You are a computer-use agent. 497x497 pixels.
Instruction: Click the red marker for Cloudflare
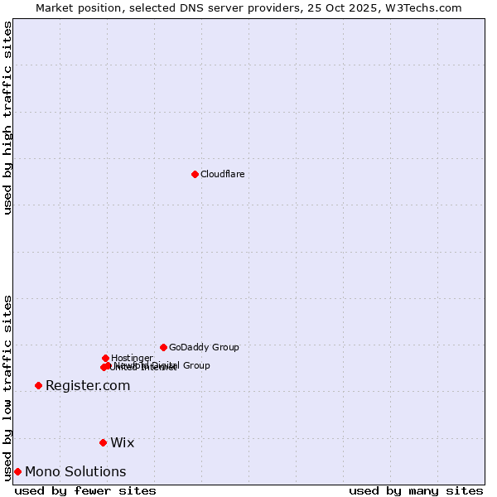point(195,174)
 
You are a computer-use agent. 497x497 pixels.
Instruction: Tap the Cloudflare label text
point(222,174)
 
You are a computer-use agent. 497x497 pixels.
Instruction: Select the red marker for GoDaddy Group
point(163,347)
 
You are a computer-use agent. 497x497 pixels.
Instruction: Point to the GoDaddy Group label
point(204,347)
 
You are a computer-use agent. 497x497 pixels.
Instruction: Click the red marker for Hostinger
point(105,358)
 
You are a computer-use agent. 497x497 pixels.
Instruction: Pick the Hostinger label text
point(132,358)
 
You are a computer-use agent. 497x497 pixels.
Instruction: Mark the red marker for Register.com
point(38,385)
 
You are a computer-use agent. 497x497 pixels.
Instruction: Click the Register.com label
point(88,385)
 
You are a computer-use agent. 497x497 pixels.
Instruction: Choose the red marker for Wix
point(103,442)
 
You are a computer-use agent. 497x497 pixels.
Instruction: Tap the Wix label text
point(122,442)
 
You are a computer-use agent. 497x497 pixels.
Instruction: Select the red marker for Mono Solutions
point(17,471)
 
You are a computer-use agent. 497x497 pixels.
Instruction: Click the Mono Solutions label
point(75,471)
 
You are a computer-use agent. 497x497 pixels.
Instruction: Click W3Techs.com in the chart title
point(427,7)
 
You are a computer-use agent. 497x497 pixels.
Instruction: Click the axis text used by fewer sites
point(85,490)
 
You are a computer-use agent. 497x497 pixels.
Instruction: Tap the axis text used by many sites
point(416,490)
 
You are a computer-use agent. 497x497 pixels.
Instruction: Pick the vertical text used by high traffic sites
point(7,118)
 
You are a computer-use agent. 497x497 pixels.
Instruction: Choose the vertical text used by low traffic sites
point(7,387)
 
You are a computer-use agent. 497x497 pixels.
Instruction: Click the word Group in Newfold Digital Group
point(195,365)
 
